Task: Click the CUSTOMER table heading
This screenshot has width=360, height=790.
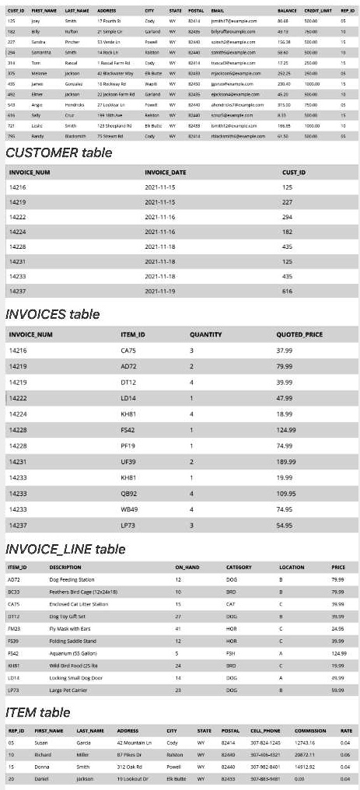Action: point(54,152)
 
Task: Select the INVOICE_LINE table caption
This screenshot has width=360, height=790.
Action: point(65,550)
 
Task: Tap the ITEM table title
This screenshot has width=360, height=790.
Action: point(38,712)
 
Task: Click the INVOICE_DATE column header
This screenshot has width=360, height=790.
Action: point(166,171)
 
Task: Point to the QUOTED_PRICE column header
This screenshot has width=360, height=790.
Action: point(299,334)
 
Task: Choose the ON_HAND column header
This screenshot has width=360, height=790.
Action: point(184,568)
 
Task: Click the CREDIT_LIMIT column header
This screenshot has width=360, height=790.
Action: point(319,9)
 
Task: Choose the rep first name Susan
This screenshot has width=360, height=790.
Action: point(41,743)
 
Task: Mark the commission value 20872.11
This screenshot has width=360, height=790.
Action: point(306,755)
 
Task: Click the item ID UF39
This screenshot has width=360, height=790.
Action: point(128,461)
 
